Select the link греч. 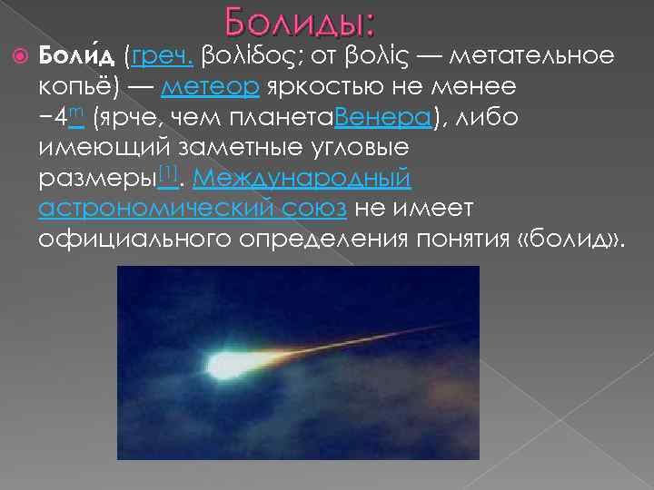tap(162, 57)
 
